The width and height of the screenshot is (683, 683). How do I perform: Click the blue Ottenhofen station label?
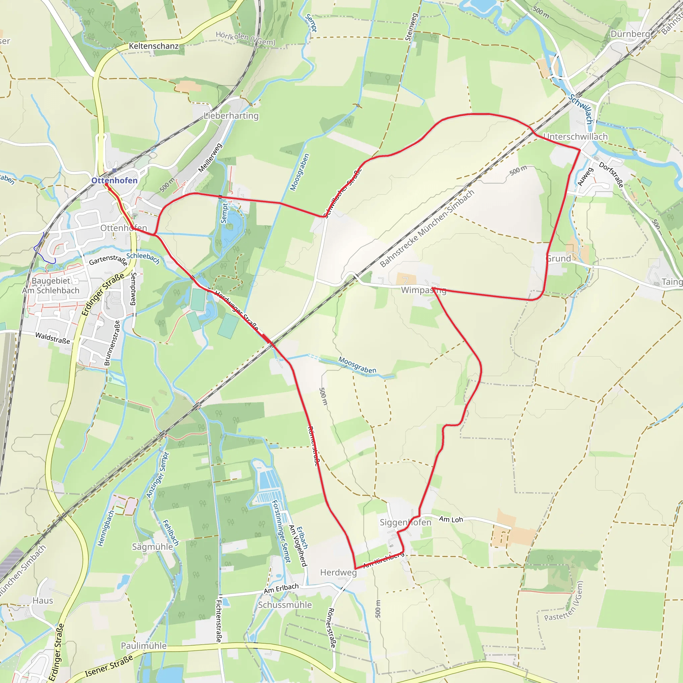[114, 180]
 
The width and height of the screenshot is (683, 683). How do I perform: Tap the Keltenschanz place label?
[153, 46]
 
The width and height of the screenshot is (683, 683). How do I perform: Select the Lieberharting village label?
[231, 116]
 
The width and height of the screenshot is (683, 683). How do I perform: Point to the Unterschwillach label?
[575, 136]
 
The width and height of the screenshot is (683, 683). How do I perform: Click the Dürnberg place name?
[630, 34]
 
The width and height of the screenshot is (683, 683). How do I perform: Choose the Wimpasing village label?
[424, 290]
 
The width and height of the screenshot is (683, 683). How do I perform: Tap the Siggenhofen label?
[406, 522]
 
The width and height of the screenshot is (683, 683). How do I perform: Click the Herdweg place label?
[338, 572]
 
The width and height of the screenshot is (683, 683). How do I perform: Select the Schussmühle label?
[285, 605]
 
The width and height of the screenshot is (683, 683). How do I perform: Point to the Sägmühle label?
[152, 547]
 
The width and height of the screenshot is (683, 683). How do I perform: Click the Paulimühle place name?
[143, 646]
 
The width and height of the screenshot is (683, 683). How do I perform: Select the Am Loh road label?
[451, 519]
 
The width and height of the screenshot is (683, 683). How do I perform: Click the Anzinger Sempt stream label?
[158, 475]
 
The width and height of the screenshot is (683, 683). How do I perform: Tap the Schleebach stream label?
[143, 258]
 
